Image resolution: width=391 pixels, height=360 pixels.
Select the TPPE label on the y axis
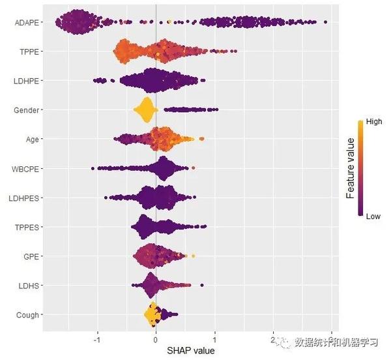point(29,52)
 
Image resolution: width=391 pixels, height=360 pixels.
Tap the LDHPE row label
point(27,81)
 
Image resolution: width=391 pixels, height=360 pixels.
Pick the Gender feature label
point(27,110)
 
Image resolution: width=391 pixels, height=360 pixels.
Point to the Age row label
point(31,139)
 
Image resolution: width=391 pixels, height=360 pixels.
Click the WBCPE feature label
point(25,168)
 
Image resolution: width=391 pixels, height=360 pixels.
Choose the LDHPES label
point(24,198)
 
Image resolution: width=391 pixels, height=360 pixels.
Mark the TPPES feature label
point(27,227)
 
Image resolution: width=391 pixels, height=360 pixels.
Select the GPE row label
point(30,256)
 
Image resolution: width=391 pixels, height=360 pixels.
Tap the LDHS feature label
point(29,285)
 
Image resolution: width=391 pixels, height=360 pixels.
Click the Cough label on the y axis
point(28,314)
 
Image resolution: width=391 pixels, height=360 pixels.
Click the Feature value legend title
point(351,168)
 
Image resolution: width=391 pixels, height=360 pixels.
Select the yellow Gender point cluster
point(145,110)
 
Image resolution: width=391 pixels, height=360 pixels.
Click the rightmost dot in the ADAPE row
point(325,22)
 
